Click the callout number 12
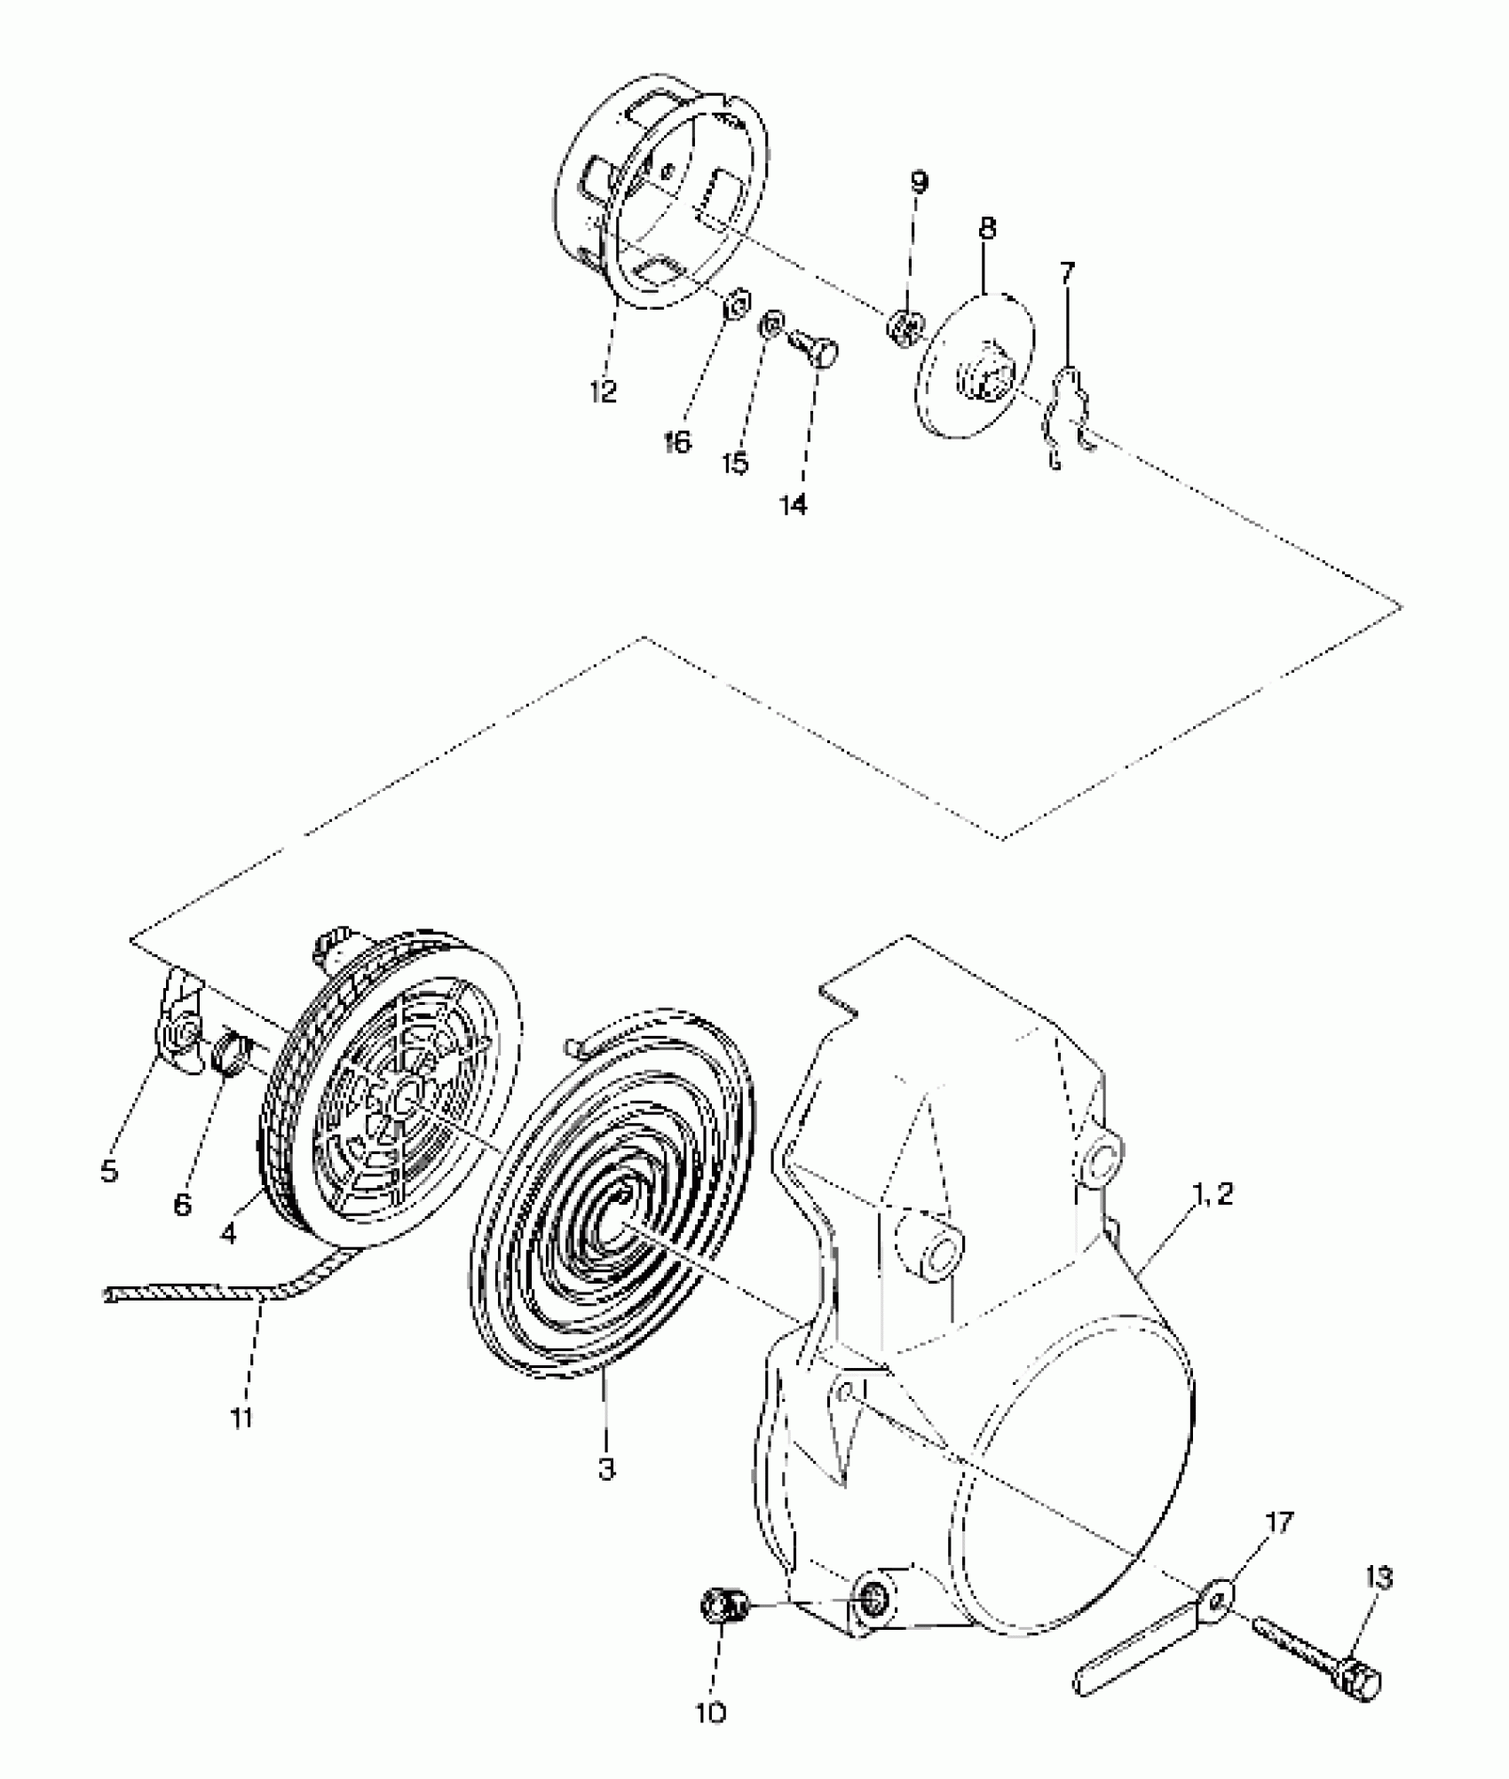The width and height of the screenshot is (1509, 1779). point(603,391)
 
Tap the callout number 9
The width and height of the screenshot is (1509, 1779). point(919,183)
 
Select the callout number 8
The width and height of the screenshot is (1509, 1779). point(986,229)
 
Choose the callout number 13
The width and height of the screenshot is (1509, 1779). point(1379,1578)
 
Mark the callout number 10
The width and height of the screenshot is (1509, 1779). point(711,1712)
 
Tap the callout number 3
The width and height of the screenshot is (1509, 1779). point(606,1469)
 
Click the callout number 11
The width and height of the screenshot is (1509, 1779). point(241,1418)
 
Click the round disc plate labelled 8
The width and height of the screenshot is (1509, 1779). point(976,364)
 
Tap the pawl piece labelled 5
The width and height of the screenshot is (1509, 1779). point(181,1030)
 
